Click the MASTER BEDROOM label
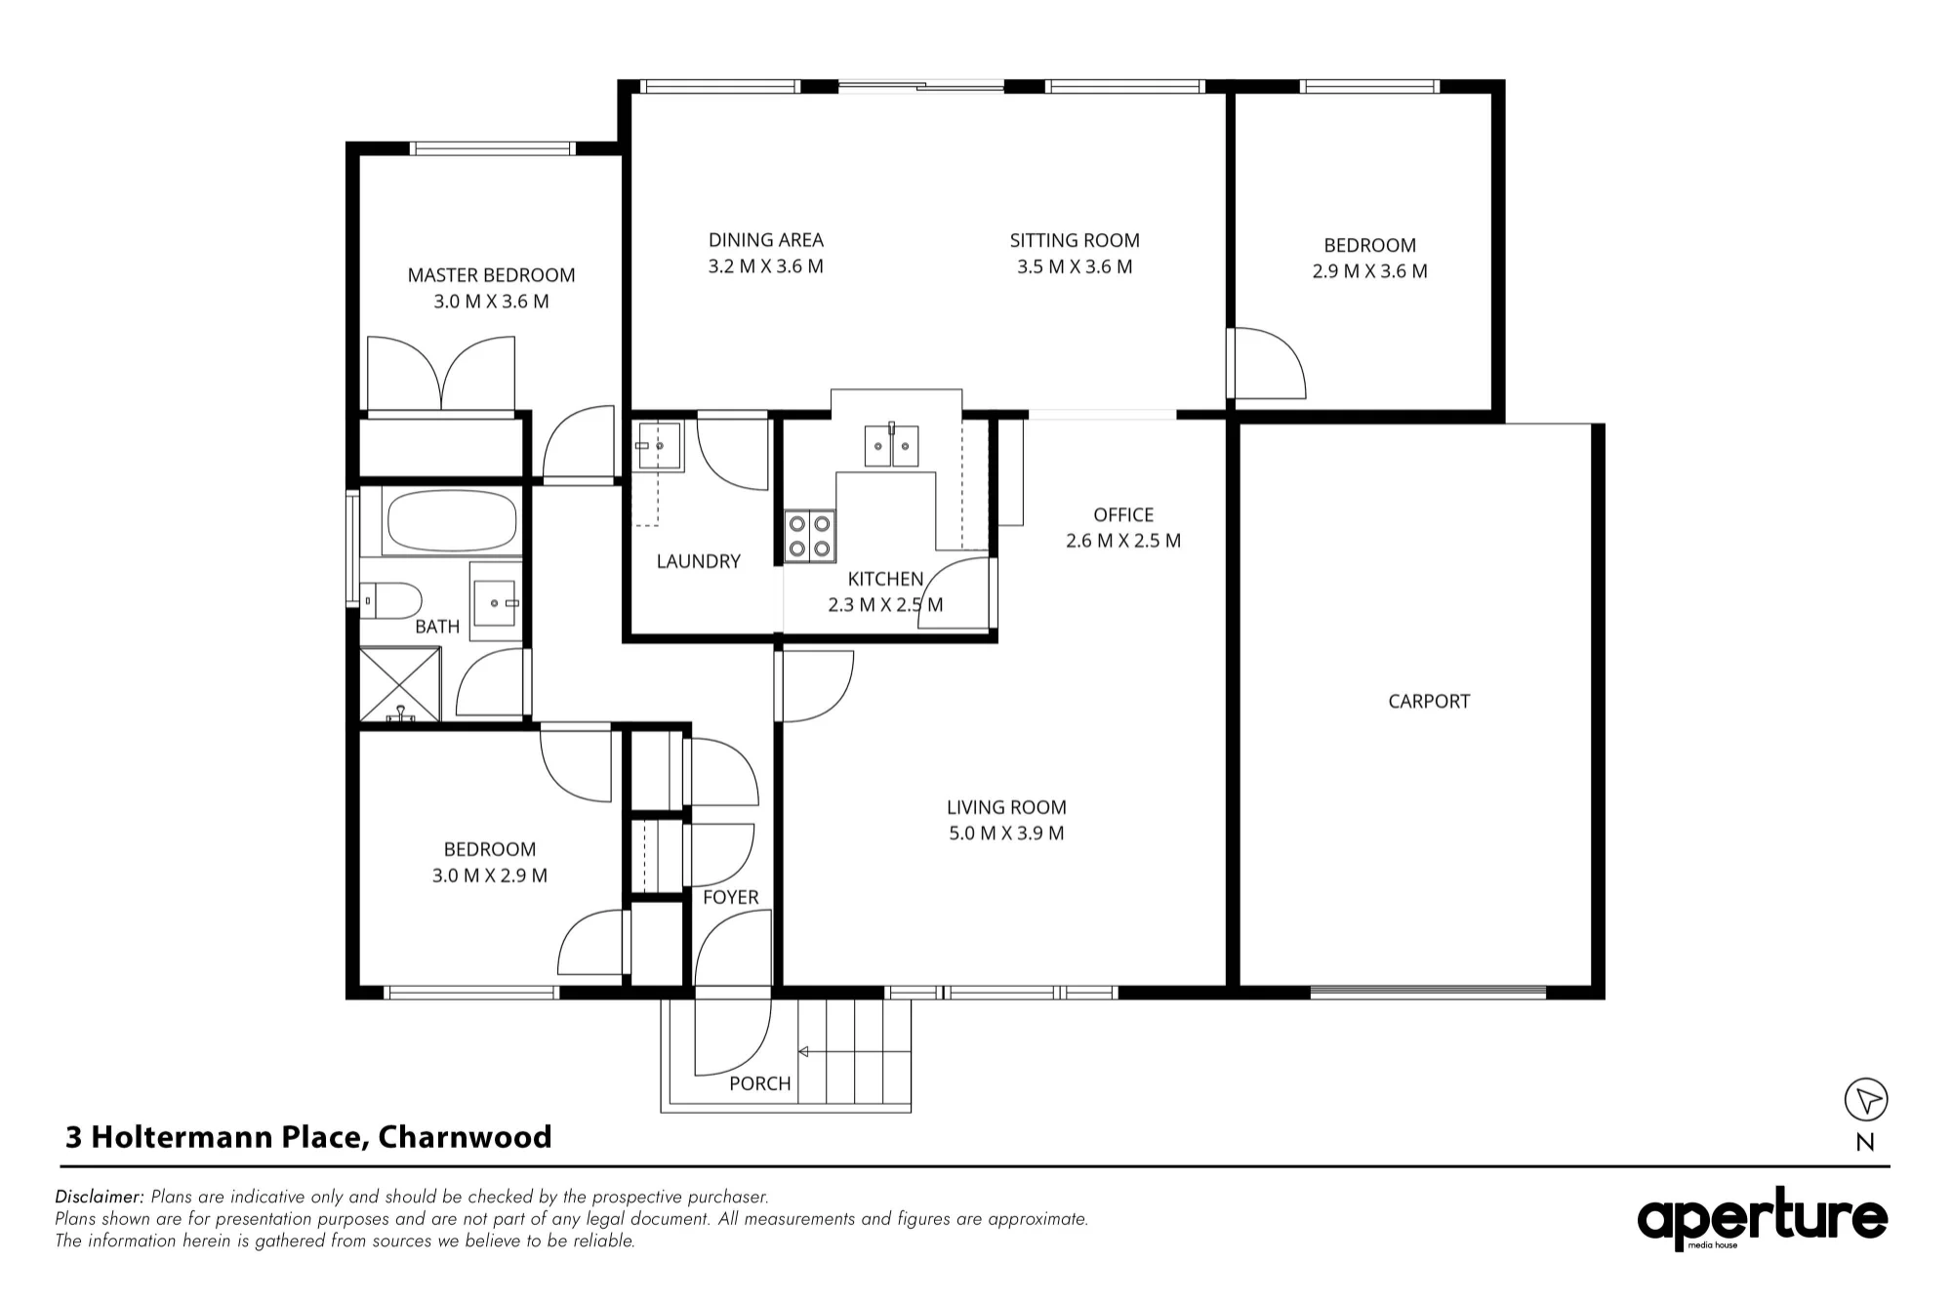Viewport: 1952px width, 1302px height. (x=491, y=275)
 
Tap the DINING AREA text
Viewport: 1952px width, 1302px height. (x=766, y=240)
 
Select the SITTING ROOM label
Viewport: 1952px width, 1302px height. (x=1075, y=240)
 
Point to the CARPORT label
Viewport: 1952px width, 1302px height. (x=1429, y=701)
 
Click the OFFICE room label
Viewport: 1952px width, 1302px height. (x=1123, y=514)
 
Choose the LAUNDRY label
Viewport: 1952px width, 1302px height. (x=699, y=561)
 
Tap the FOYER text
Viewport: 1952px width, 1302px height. (x=731, y=897)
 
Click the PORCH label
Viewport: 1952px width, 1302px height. (x=760, y=1083)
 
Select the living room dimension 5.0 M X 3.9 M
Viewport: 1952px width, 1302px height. (x=1006, y=834)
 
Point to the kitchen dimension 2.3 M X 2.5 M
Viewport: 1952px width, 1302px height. (x=885, y=605)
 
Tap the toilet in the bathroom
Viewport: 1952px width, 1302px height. (x=390, y=600)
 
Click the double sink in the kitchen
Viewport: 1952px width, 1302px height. (x=892, y=446)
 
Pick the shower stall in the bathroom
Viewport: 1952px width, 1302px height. (x=400, y=684)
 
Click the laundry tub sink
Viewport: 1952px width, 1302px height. (x=659, y=447)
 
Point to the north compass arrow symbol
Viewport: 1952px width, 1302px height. (x=1866, y=1100)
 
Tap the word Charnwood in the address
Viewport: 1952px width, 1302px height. (x=465, y=1137)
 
